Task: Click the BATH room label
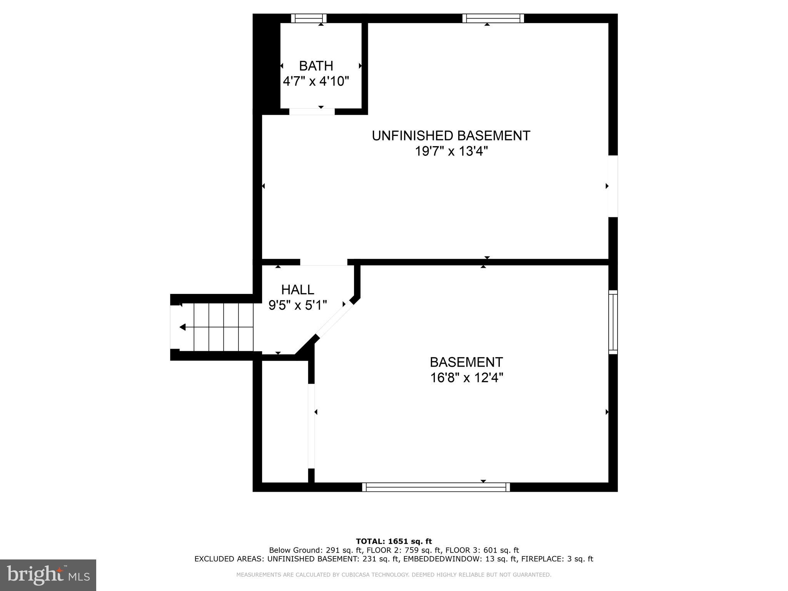tap(316, 66)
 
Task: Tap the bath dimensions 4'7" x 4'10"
tap(316, 82)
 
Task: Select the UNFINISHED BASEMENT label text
tap(451, 136)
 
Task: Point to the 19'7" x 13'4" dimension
tap(451, 152)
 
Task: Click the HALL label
tap(297, 290)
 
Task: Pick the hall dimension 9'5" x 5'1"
tap(297, 306)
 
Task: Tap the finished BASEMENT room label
tap(466, 362)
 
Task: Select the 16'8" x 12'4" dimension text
tap(466, 378)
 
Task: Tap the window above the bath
tap(309, 18)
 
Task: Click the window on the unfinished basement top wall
tap(493, 18)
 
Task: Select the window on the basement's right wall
tap(613, 322)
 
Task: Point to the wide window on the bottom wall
tap(436, 487)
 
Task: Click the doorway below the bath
tap(312, 112)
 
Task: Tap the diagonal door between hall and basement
tap(334, 319)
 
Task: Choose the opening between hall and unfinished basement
tap(324, 262)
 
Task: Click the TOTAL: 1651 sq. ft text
tap(394, 541)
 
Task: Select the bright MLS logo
tap(48, 575)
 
